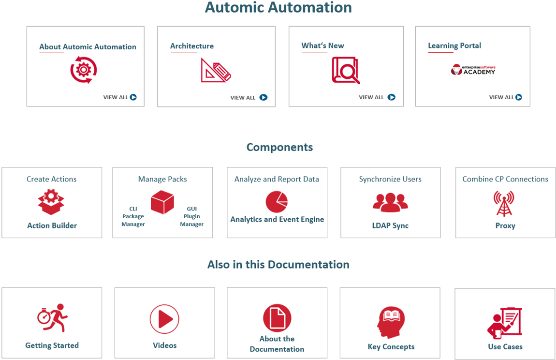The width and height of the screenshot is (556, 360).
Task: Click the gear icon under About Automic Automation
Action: pos(84,70)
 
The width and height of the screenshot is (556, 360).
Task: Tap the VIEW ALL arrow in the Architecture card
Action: pos(263,97)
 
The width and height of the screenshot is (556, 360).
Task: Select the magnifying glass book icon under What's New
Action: pos(346,71)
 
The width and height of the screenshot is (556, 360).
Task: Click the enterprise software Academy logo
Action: pos(473,70)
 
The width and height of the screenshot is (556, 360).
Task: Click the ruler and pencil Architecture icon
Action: pos(216,70)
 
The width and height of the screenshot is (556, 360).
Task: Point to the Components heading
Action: pos(280,147)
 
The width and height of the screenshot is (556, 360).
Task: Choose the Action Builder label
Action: pos(52,225)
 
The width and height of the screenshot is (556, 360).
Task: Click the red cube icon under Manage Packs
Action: pos(162,202)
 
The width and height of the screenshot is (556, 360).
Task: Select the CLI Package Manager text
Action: pos(133,216)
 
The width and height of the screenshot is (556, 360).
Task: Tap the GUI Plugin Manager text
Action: pos(192,216)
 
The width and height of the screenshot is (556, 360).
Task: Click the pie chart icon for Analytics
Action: pos(277,202)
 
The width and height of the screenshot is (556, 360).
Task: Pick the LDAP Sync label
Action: pos(390,225)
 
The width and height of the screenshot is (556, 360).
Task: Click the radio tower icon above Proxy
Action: pos(504,203)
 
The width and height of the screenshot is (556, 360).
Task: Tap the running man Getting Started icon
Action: pos(53,318)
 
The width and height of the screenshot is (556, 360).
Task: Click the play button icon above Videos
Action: pos(164,319)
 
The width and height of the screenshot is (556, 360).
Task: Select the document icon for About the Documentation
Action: pos(278,318)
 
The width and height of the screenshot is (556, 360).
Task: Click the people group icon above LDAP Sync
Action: pos(390,202)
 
